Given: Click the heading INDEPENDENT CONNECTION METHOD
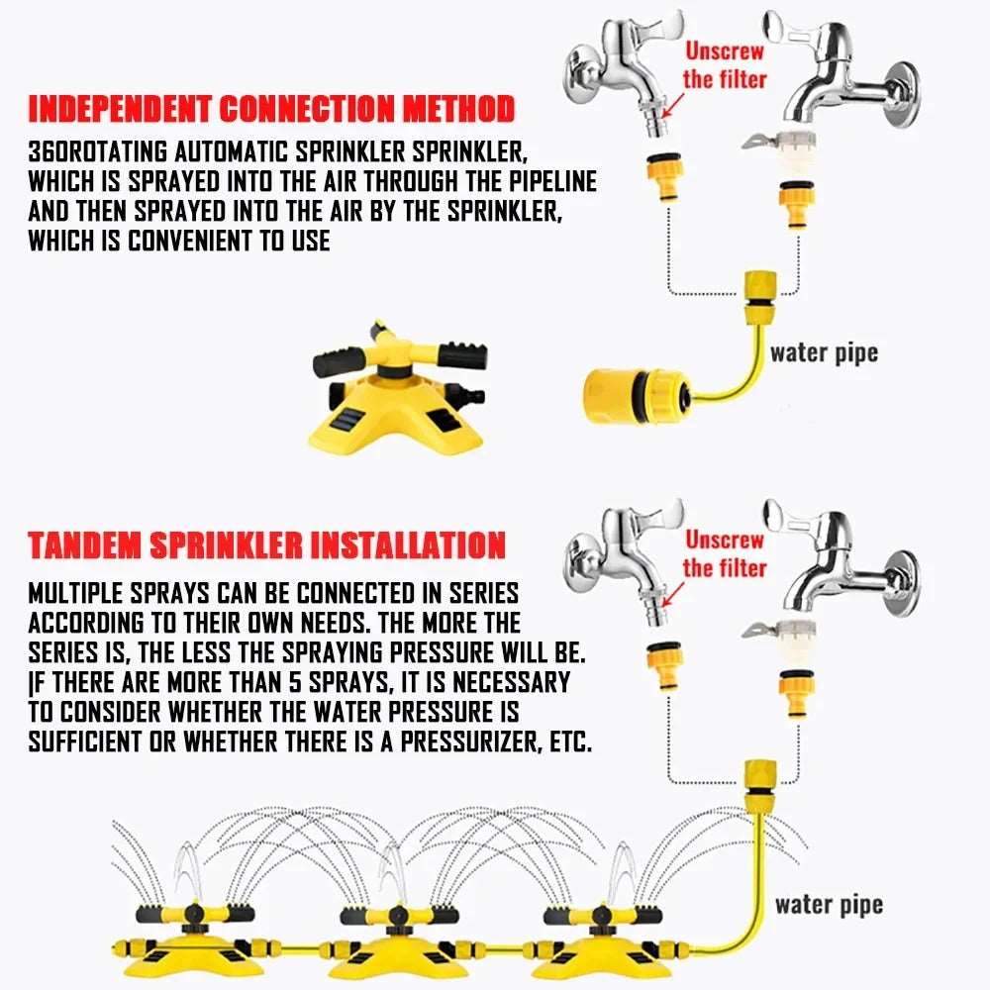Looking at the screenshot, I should (270, 108).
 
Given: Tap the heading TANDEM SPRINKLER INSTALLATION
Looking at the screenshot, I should (266, 545).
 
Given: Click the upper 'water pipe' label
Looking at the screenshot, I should (824, 352).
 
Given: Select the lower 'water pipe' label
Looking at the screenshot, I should (829, 903).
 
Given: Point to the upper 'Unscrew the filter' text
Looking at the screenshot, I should (724, 64).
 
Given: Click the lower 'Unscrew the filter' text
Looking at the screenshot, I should (726, 553).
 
